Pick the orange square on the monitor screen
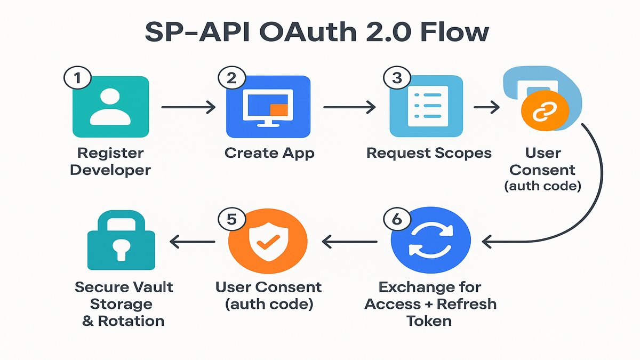pos(278,110)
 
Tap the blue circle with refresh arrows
pos(430,242)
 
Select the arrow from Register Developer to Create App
pos(188,108)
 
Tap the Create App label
pos(269,153)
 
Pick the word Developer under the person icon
pos(110,170)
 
